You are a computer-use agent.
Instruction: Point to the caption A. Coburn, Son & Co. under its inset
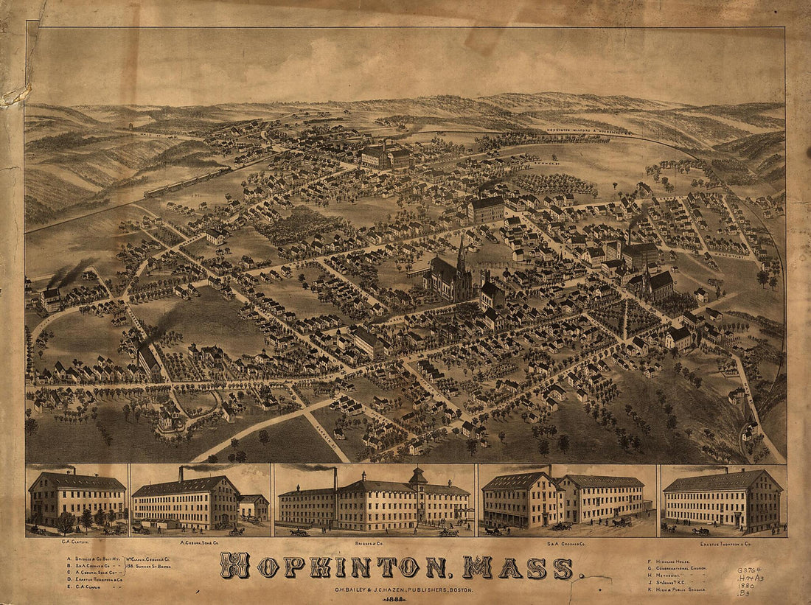pyautogui.click(x=200, y=544)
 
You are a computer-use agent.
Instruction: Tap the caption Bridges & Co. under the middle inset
pyautogui.click(x=375, y=544)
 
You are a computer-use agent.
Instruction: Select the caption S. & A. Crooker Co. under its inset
pyautogui.click(x=566, y=544)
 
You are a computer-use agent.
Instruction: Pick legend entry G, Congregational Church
pyautogui.click(x=682, y=569)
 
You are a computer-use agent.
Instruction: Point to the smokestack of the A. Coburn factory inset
pyautogui.click(x=181, y=472)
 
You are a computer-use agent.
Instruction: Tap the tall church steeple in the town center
pyautogui.click(x=461, y=254)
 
